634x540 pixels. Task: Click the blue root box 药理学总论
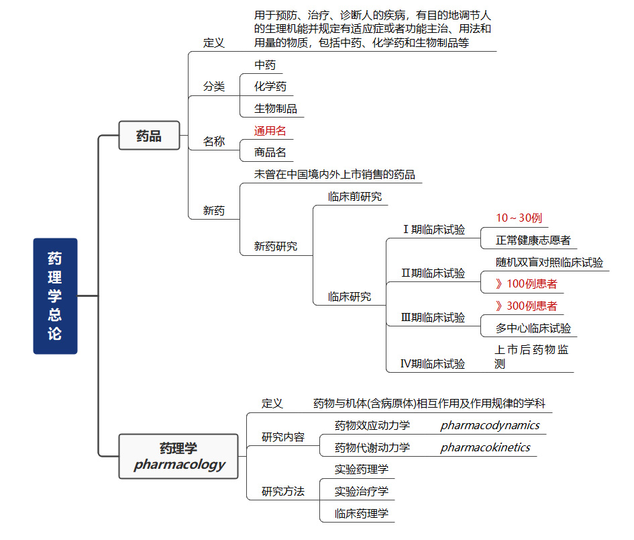[55, 296]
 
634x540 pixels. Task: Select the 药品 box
[149, 136]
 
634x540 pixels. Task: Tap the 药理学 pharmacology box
[178, 456]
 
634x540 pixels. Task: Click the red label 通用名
[270, 131]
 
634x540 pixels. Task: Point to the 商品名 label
[270, 152]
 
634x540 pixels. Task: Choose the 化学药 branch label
[270, 87]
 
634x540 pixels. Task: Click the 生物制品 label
[275, 108]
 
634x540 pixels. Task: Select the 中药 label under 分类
[264, 65]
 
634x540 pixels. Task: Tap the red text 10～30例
[519, 218]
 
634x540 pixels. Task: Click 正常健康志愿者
[533, 240]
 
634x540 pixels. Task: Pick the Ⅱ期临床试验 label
[433, 273]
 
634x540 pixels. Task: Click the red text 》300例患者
[526, 306]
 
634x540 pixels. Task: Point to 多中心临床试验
[533, 328]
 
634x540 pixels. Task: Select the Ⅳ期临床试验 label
[433, 364]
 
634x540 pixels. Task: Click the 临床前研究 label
[354, 197]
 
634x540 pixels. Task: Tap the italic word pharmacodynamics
[490, 425]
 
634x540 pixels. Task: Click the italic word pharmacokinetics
[485, 447]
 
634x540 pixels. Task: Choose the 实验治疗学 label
[361, 491]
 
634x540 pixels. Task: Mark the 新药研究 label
[275, 246]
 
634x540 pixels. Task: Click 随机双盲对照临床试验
[549, 262]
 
